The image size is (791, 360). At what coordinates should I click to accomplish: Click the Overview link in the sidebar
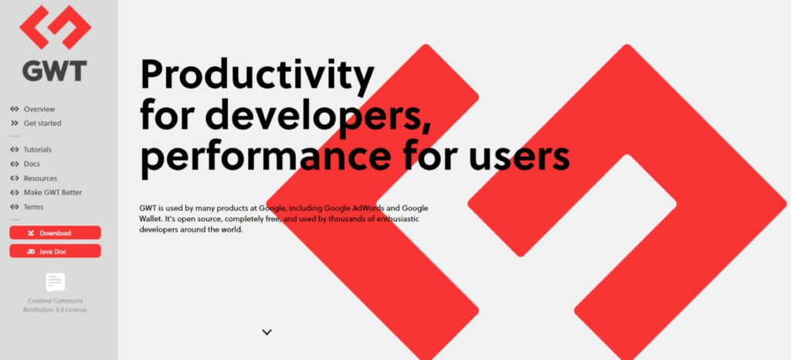click(39, 109)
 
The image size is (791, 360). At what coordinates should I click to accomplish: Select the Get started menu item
click(42, 123)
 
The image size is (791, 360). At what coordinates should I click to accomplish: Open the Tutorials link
click(37, 149)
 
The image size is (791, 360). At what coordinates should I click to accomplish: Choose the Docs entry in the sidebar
click(32, 164)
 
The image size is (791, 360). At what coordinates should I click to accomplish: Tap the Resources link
click(40, 178)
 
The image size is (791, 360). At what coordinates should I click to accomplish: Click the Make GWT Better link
click(53, 192)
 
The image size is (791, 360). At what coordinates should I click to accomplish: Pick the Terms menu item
click(33, 207)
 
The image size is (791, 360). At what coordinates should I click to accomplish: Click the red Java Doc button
click(55, 251)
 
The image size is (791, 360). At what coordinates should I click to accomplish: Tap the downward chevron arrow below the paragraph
click(267, 332)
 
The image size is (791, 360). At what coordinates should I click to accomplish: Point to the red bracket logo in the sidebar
click(55, 27)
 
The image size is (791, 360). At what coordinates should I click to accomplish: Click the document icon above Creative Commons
click(55, 282)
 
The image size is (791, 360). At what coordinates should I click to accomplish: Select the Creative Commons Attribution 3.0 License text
click(55, 305)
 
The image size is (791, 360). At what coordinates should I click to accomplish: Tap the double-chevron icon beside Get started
click(15, 123)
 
